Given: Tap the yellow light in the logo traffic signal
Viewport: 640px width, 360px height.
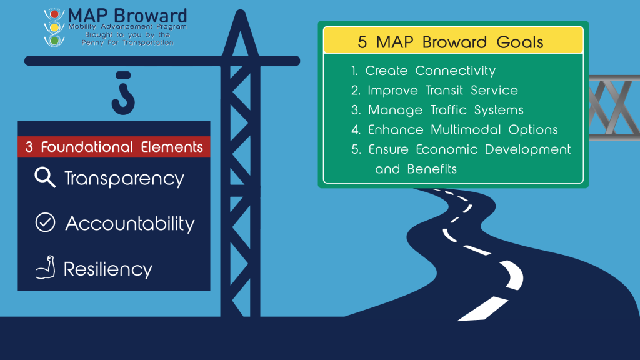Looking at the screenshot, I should coord(54,27).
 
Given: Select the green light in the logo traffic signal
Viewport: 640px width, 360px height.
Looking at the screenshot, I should coord(54,40).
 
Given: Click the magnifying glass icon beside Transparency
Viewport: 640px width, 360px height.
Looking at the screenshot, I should coord(45,177).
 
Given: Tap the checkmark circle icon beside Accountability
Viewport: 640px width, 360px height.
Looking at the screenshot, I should coord(45,223).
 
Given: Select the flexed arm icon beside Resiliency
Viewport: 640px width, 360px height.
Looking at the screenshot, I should coord(45,269).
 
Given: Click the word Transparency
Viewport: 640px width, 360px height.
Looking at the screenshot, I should coord(124,179).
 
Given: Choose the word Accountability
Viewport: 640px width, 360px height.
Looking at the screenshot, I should coord(130,224).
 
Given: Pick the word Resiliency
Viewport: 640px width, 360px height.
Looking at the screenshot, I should coord(108,270).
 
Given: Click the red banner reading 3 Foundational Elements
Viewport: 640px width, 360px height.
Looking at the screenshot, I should coord(114,147).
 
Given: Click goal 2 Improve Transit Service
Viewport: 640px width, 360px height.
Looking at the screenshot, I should coord(434,90).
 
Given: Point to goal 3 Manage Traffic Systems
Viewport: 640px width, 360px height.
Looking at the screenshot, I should coord(437,110).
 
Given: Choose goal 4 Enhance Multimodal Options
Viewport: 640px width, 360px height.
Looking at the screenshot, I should coord(454,130).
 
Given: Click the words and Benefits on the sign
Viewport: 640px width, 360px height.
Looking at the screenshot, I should coord(416,169).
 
